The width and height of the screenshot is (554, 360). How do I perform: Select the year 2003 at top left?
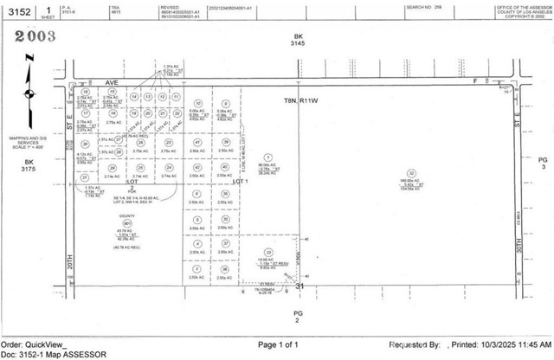(32, 35)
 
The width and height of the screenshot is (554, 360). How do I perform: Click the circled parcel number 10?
(199, 103)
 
